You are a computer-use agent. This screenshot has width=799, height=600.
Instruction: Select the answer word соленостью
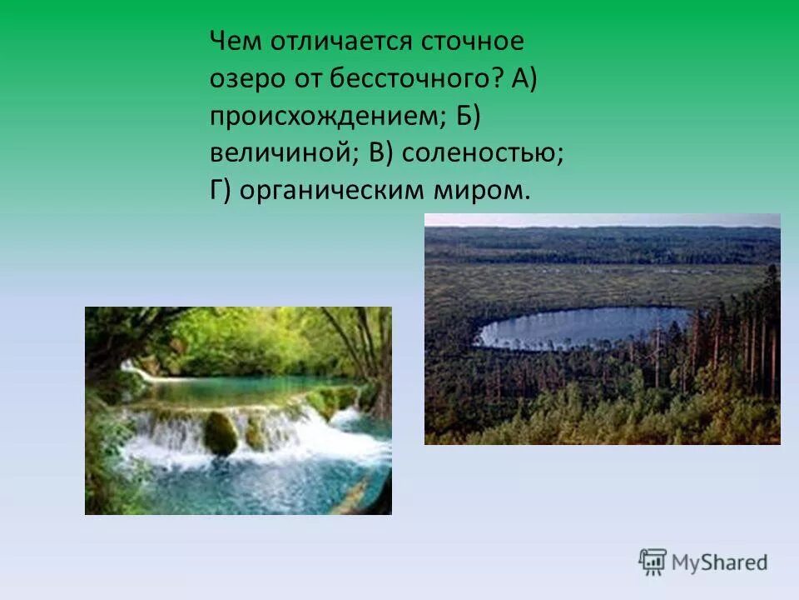(x=495, y=154)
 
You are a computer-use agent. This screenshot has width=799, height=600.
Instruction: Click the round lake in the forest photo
(x=583, y=327)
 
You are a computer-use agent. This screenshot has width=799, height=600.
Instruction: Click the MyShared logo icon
(x=653, y=561)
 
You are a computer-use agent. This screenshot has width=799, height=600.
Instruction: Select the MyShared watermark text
(x=719, y=562)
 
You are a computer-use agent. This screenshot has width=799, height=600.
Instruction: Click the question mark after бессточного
(x=498, y=80)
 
